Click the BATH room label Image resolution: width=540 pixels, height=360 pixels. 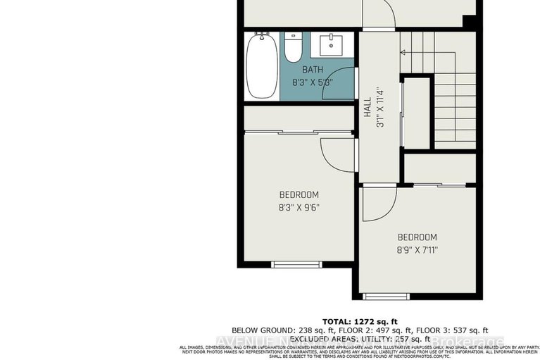313,70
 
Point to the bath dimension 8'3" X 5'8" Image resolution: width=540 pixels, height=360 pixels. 313,82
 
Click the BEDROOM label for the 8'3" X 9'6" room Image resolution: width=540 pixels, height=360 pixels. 299,195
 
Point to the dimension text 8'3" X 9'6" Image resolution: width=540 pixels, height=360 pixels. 299,208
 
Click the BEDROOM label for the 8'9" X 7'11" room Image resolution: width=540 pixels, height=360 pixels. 417,237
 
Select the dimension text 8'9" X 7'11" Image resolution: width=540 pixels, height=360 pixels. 417,250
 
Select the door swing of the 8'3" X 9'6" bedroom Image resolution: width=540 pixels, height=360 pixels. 337,154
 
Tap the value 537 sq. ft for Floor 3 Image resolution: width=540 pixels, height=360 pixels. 468,330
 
